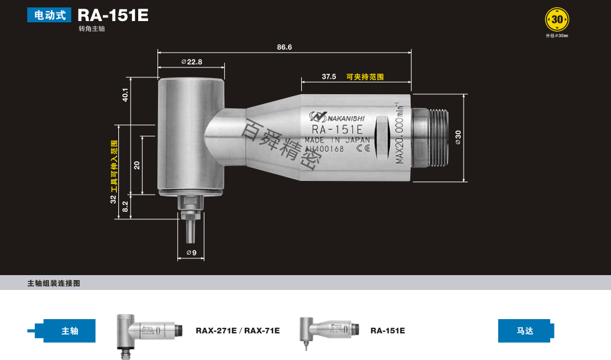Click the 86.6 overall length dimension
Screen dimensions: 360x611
click(284, 47)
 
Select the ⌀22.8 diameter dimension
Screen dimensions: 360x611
click(191, 62)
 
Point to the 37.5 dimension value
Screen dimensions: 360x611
click(329, 77)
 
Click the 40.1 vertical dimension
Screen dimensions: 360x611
click(125, 94)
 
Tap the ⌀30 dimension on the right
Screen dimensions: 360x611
click(458, 138)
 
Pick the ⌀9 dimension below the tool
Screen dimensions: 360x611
click(191, 253)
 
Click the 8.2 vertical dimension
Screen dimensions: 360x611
click(125, 206)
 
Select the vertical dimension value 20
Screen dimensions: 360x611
click(138, 165)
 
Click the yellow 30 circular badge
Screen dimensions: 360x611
click(557, 20)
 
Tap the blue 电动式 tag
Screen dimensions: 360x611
click(50, 15)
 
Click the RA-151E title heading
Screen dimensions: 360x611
click(113, 15)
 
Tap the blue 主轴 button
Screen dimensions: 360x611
click(69, 331)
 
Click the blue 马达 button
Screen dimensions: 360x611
click(524, 331)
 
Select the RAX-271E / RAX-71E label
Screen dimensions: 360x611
click(237, 331)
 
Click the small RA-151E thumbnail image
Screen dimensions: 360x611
click(327, 331)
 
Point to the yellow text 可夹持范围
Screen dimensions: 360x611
click(365, 77)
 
